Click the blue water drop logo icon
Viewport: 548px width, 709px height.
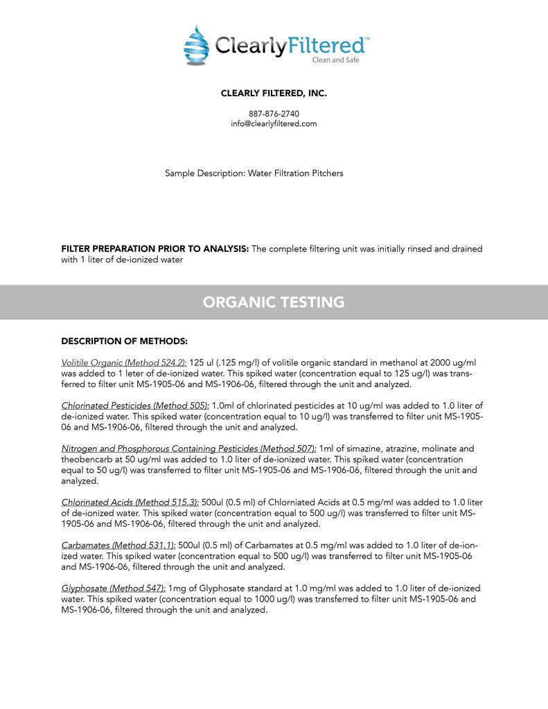point(196,45)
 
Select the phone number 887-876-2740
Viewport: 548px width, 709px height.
point(274,114)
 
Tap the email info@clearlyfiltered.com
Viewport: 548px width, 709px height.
point(274,123)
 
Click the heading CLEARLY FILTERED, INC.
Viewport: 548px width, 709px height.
point(274,93)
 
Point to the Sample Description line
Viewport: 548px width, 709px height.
point(254,173)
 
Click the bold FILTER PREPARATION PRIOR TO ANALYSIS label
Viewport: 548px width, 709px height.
point(155,249)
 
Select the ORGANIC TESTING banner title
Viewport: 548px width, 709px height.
point(274,302)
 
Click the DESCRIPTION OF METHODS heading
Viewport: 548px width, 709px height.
point(125,341)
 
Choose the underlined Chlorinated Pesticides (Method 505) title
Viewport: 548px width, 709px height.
point(135,405)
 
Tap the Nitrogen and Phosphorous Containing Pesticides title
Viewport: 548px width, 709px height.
point(188,449)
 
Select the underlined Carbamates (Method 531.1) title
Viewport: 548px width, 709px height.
point(118,545)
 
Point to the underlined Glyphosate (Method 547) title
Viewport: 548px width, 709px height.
point(114,589)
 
